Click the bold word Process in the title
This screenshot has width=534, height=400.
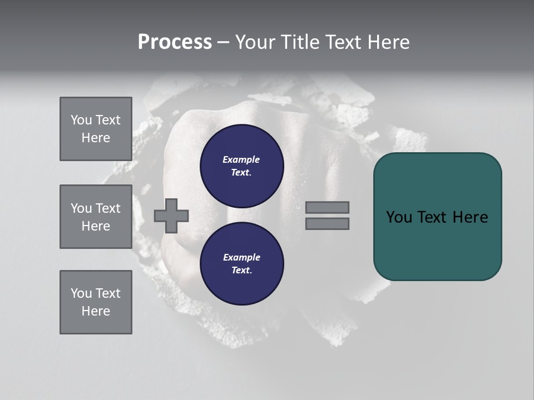pyautogui.click(x=175, y=42)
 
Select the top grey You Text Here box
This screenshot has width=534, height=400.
pyautogui.click(x=96, y=129)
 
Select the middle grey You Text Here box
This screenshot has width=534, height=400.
pyautogui.click(x=96, y=217)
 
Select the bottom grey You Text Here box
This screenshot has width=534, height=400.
pyautogui.click(x=96, y=302)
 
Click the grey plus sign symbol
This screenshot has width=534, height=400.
pyautogui.click(x=171, y=216)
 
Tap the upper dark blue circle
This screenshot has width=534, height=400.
pyautogui.click(x=241, y=166)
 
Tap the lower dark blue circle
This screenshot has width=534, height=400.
pyautogui.click(x=241, y=263)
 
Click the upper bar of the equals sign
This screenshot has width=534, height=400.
pyautogui.click(x=327, y=207)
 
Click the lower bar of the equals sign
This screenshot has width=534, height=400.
pyautogui.click(x=327, y=223)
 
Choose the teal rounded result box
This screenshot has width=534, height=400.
pyautogui.click(x=437, y=217)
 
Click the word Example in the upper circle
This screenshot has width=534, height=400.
pyautogui.click(x=241, y=159)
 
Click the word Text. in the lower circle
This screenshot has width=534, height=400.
pyautogui.click(x=241, y=270)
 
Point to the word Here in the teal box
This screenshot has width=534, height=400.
pyautogui.click(x=470, y=217)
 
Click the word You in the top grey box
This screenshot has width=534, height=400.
pyautogui.click(x=81, y=120)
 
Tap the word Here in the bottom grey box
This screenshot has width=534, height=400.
pyautogui.click(x=96, y=311)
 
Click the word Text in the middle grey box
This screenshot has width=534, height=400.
pyautogui.click(x=107, y=208)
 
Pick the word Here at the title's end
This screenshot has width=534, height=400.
pyautogui.click(x=388, y=42)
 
